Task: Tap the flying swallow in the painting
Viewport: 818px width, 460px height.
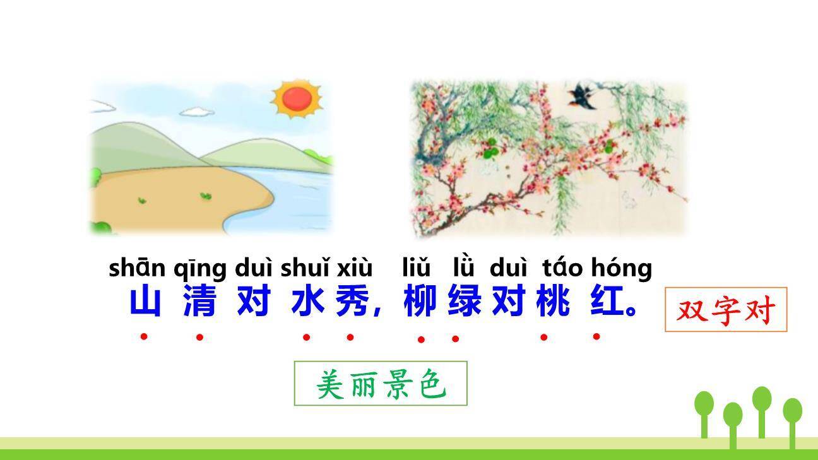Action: (582, 97)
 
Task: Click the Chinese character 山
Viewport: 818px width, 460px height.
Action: (145, 303)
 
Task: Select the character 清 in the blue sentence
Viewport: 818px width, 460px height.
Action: (199, 303)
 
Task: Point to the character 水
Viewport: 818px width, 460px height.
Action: (307, 303)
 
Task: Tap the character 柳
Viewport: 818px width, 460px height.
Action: (420, 303)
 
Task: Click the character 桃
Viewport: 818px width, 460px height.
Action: (553, 303)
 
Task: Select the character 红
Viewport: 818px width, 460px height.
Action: (607, 303)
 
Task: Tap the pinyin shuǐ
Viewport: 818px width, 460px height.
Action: (305, 268)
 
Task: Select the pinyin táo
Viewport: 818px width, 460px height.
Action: (562, 268)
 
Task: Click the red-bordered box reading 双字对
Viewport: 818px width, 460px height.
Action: (726, 310)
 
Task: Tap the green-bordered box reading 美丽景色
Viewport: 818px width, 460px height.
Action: (381, 383)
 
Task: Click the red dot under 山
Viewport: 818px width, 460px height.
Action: (144, 336)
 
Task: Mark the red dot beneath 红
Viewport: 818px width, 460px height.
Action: (596, 336)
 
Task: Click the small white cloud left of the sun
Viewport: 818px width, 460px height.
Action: (197, 112)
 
